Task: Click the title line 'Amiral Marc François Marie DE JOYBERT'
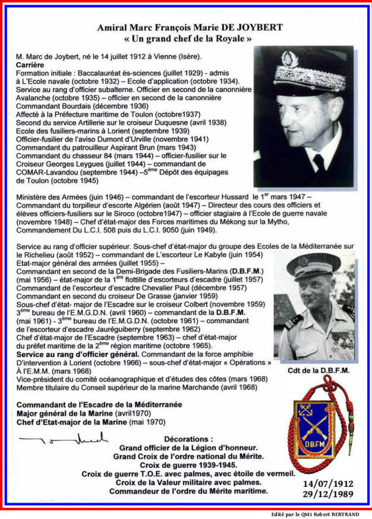(182, 27)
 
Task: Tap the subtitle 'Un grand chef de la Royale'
(182, 39)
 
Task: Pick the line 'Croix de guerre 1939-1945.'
(188, 465)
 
